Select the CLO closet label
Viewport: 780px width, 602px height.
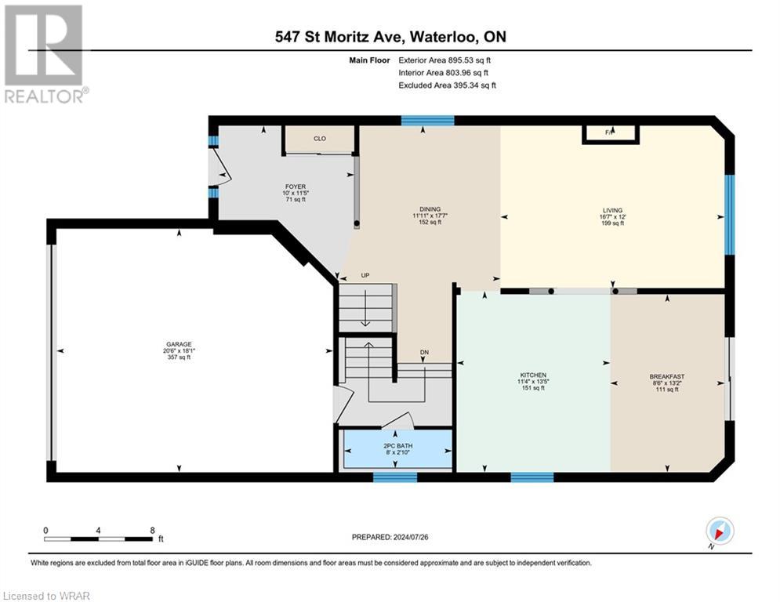tap(320, 139)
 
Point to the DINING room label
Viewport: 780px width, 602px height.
tap(430, 209)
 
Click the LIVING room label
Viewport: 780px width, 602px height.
tap(612, 210)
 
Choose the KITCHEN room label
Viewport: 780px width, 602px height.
tap(532, 375)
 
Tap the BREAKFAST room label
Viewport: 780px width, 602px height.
tap(666, 376)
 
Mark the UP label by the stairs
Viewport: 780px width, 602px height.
tap(365, 275)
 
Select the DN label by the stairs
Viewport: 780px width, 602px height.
tap(424, 352)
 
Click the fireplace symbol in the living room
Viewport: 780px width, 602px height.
tap(610, 134)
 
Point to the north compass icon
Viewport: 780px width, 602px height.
tap(720, 531)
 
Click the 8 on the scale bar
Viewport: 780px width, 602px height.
tap(151, 530)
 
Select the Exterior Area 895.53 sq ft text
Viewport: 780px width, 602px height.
tap(444, 60)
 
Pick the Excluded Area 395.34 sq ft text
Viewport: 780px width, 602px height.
tap(447, 85)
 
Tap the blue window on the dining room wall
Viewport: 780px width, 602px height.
tap(427, 121)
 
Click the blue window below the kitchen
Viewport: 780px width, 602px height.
tap(532, 477)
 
